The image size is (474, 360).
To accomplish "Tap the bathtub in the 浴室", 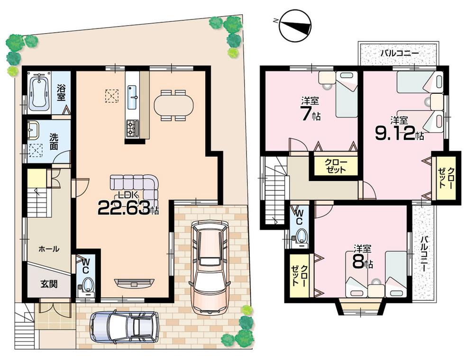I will (x=37, y=92).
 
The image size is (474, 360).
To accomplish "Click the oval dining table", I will (x=173, y=105).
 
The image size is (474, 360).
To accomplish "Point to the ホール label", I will (x=48, y=249).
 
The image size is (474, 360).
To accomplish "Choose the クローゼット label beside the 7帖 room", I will (x=335, y=166).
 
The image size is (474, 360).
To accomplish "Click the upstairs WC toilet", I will (x=300, y=235).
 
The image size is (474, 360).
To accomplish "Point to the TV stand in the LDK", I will (x=134, y=283).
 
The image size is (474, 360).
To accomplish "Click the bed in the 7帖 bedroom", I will (x=346, y=95).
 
